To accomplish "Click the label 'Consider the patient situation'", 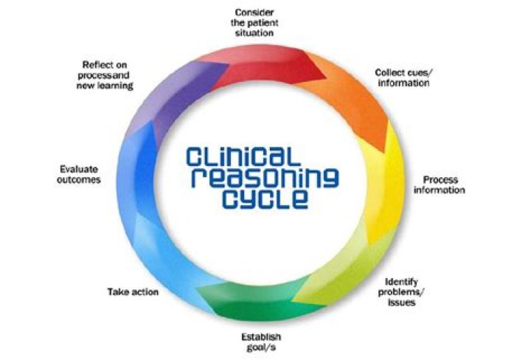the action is click(254, 23).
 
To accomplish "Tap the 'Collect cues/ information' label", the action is click(403, 77).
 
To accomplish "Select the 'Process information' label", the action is click(440, 184).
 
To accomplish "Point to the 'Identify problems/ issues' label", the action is click(401, 292).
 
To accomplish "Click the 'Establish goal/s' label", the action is click(261, 342).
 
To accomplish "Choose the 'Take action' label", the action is click(133, 291).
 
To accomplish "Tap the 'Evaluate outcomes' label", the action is click(79, 174).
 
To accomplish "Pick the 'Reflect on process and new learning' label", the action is click(105, 75).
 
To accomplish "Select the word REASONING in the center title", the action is click(265, 178).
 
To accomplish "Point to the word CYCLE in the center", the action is click(265, 198).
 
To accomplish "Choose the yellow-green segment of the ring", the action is click(345, 268).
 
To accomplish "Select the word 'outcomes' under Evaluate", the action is click(79, 179).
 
